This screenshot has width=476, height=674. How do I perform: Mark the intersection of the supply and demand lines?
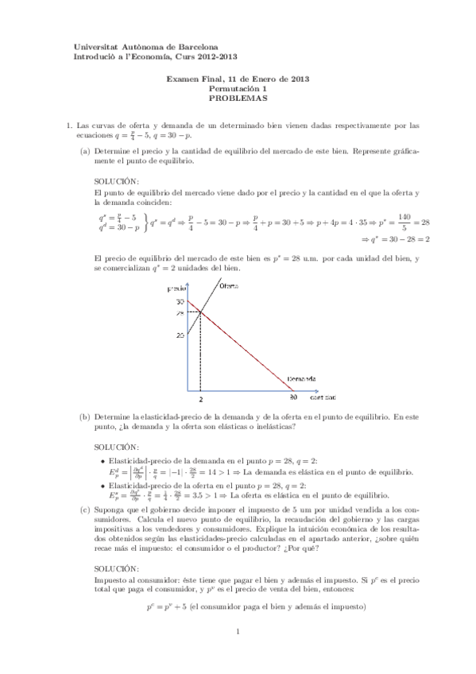201,312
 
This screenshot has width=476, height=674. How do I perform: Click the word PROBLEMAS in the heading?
238,99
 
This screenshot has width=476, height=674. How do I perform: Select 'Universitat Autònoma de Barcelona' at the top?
146,48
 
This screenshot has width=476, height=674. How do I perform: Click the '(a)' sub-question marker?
84,150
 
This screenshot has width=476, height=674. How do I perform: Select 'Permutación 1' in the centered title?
238,89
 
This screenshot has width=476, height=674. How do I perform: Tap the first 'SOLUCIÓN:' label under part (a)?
116,180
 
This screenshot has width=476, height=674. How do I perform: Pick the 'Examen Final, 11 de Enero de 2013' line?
238,79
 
